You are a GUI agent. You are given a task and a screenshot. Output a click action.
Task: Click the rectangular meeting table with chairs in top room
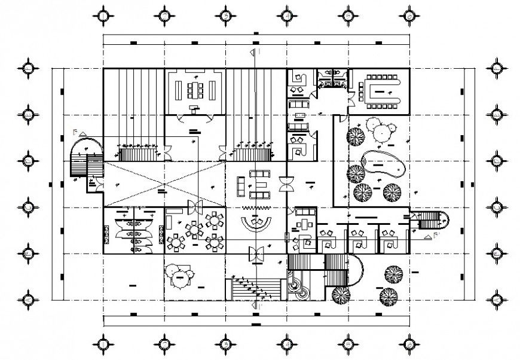(195, 90)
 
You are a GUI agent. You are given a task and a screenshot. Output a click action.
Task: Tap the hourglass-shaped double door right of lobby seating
(286, 183)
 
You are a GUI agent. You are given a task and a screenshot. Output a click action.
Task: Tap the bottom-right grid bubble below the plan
(409, 344)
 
